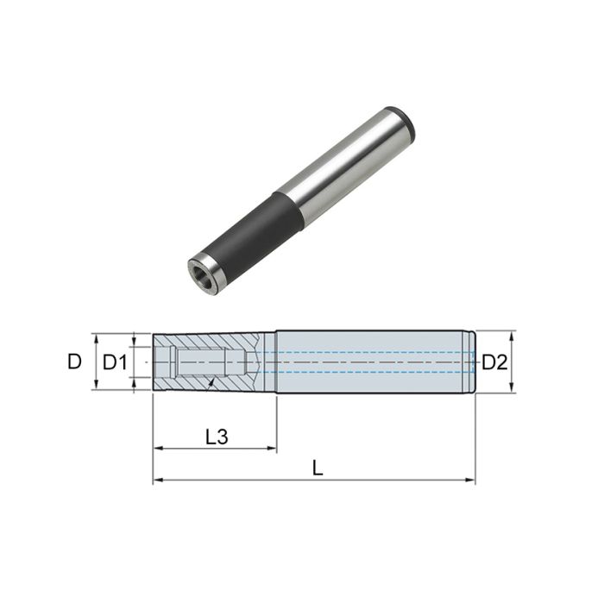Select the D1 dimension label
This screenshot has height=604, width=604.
(x=114, y=362)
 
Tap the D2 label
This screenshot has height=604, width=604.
(x=494, y=362)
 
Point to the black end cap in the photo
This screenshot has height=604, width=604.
(x=404, y=123)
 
